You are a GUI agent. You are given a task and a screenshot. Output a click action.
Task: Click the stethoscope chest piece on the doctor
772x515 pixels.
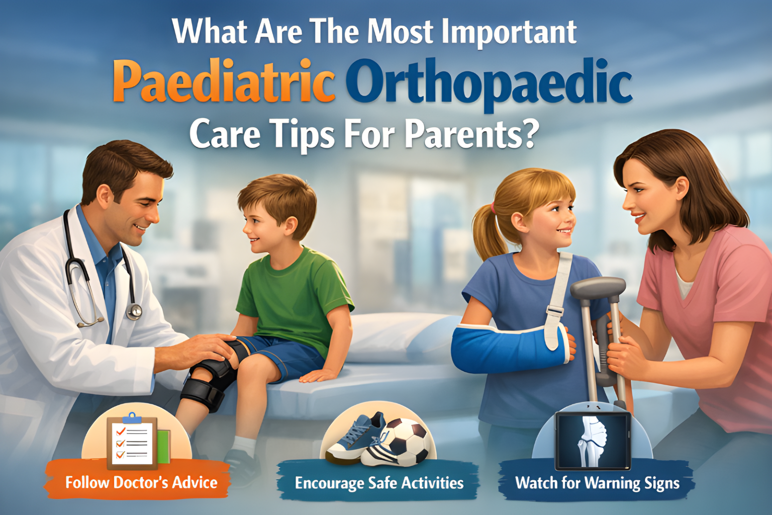pos(134,312)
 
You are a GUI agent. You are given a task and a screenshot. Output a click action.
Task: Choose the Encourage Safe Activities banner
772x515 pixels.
pos(379,483)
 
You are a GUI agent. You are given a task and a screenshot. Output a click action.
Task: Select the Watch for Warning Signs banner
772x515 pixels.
pos(597,483)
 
